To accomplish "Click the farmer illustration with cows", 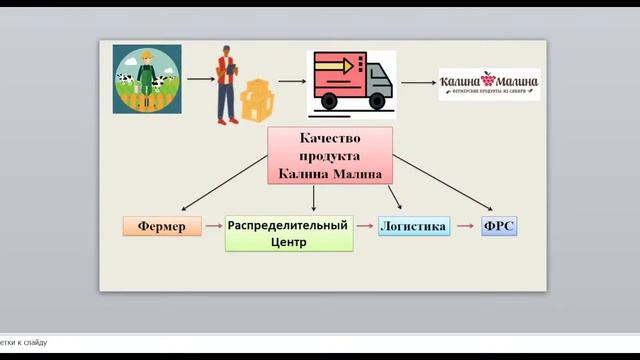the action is click(x=145, y=79).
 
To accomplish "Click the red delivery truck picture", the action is click(x=350, y=80).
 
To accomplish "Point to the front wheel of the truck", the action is click(x=377, y=101).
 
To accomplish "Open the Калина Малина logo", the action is click(x=489, y=83).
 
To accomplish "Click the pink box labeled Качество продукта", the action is click(x=330, y=156).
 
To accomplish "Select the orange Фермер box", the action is click(x=162, y=226).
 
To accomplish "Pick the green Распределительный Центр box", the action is click(x=288, y=233).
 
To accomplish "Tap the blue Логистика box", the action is click(x=414, y=226).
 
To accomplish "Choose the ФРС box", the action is click(x=499, y=226).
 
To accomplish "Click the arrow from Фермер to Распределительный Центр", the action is click(x=213, y=227).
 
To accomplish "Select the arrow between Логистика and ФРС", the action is click(x=465, y=227).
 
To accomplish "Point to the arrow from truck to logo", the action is click(x=417, y=82).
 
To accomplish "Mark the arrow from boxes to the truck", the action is click(x=291, y=82).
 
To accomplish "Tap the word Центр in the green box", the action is click(x=288, y=242).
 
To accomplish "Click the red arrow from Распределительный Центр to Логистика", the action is click(x=364, y=227).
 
